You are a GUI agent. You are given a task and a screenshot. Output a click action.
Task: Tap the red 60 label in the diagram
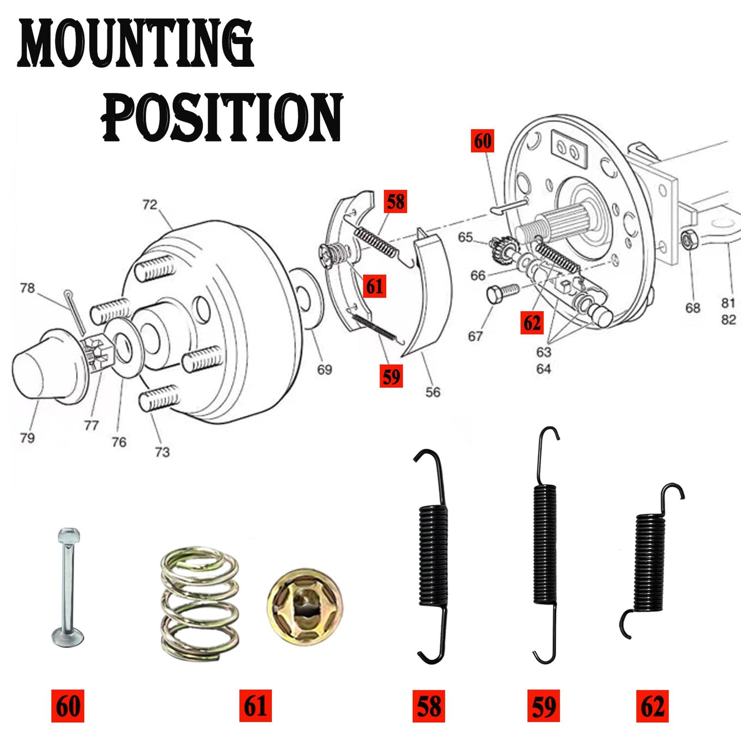pyautogui.click(x=482, y=141)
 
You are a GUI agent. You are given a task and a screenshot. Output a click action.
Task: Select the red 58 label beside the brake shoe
pyautogui.click(x=395, y=202)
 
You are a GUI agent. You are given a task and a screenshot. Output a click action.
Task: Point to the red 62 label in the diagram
pyautogui.click(x=532, y=323)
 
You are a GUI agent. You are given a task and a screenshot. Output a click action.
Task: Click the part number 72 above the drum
pyautogui.click(x=149, y=205)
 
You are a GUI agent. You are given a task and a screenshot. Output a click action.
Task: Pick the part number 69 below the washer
pyautogui.click(x=324, y=369)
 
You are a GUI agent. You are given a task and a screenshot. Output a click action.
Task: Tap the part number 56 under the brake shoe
pyautogui.click(x=432, y=392)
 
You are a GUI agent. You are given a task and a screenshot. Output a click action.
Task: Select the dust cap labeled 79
pyautogui.click(x=46, y=367)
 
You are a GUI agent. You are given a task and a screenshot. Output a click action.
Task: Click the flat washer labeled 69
pyautogui.click(x=306, y=298)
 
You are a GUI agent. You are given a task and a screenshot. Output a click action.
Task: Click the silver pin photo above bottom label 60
pyautogui.click(x=68, y=586)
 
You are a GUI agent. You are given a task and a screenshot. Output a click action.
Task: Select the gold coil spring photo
pyautogui.click(x=199, y=603)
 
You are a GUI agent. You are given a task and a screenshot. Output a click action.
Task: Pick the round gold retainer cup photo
pyautogui.click(x=305, y=606)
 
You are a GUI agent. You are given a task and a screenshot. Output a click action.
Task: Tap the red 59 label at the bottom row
pyautogui.click(x=544, y=706)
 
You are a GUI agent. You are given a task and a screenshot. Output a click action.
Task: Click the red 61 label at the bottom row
pyautogui.click(x=255, y=706)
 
